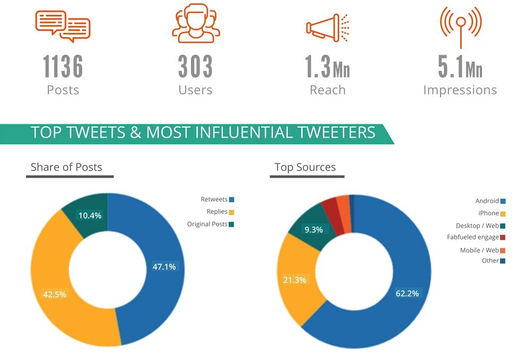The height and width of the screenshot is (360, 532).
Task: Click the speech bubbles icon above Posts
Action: (63, 26)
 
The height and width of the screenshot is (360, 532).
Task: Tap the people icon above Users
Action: (195, 23)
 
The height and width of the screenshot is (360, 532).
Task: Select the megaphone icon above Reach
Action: (327, 27)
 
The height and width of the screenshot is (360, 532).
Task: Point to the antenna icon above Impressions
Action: (460, 25)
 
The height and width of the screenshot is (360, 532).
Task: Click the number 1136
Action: (63, 67)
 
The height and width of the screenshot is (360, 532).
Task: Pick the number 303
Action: (195, 67)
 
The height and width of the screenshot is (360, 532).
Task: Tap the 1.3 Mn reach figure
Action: (327, 67)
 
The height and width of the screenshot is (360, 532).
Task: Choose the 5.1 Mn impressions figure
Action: (460, 67)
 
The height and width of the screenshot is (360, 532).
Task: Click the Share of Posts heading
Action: (66, 167)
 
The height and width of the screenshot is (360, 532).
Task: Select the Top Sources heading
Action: (305, 167)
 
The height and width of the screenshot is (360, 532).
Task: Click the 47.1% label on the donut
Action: (164, 267)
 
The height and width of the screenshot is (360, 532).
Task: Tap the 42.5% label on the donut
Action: (54, 294)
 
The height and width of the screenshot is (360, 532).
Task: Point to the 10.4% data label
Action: (89, 215)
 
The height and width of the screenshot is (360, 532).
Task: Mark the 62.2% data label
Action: (407, 293)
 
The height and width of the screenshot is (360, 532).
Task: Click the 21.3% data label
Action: (295, 280)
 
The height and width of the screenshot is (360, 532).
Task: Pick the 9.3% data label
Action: (313, 230)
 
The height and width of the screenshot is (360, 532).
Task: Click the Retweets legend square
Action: (231, 199)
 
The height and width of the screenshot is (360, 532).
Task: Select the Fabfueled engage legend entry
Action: (476, 237)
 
